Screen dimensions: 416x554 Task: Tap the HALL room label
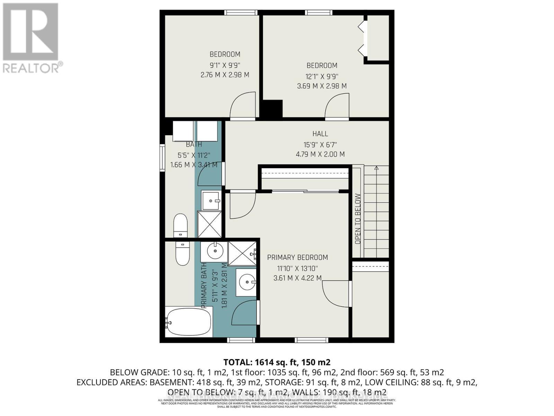(320, 134)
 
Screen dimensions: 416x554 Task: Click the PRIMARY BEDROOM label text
(297, 258)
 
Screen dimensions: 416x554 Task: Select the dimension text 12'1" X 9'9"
(322, 76)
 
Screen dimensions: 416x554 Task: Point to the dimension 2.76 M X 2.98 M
(225, 75)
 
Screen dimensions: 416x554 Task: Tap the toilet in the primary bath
(182, 253)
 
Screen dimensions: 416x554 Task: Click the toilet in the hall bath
(180, 226)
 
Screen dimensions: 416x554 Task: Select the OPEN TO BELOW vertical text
(358, 219)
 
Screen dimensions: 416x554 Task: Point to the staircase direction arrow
(376, 168)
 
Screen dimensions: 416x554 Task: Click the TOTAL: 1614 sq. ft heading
(277, 362)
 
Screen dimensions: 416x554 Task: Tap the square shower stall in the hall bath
(209, 224)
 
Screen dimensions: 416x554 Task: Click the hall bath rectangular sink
(211, 200)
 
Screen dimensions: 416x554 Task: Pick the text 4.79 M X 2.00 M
(320, 154)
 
